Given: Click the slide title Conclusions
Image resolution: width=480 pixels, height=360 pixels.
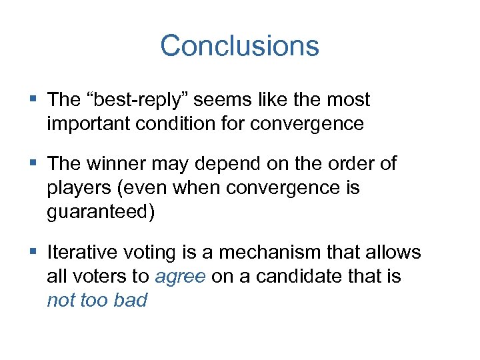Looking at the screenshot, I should click(x=239, y=46).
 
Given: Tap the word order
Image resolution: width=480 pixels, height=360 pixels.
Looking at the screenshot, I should click(x=349, y=164).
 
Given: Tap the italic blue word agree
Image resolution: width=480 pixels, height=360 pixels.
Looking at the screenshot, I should click(x=180, y=276).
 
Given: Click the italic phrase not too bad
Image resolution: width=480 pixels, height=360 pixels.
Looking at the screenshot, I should click(x=97, y=300).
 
